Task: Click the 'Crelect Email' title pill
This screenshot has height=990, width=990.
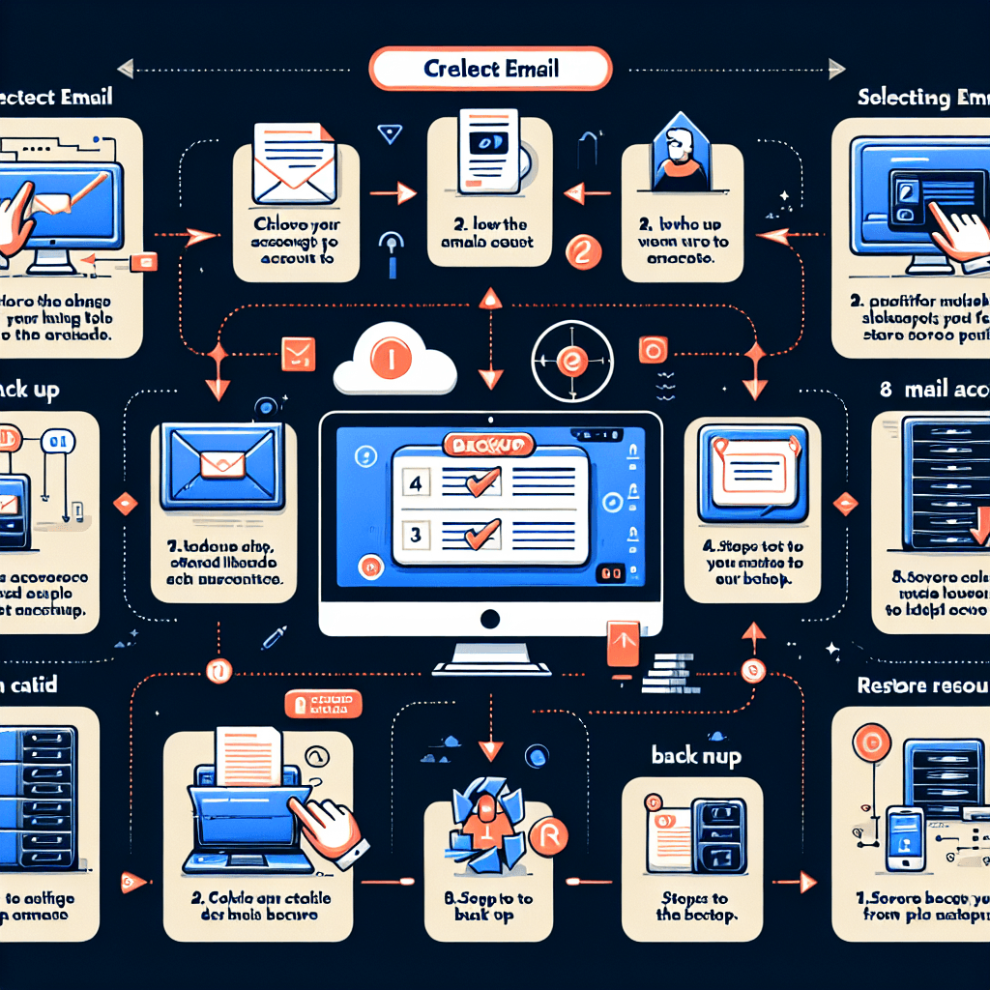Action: pyautogui.click(x=491, y=70)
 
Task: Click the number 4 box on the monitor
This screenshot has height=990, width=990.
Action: pyautogui.click(x=417, y=482)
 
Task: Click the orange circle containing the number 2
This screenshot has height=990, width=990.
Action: pyautogui.click(x=582, y=253)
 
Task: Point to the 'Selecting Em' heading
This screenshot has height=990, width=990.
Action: pyautogui.click(x=923, y=98)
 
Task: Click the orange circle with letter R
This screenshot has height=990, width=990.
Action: pyautogui.click(x=547, y=832)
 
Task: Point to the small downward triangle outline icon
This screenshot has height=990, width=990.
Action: pyautogui.click(x=390, y=134)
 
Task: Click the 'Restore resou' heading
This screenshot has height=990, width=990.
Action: pyautogui.click(x=922, y=686)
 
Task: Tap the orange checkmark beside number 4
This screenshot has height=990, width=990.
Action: pyautogui.click(x=481, y=480)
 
